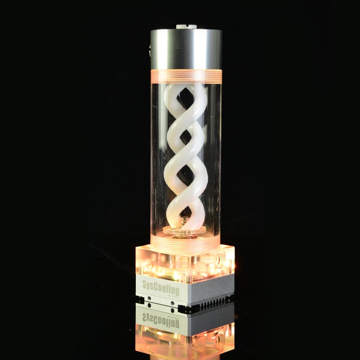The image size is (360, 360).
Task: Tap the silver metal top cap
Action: (x=186, y=49)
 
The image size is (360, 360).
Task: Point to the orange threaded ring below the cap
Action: (x=186, y=75)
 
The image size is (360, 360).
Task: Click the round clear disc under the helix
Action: (x=184, y=230)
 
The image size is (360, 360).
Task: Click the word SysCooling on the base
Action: (x=160, y=286)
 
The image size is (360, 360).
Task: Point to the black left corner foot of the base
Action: (x=140, y=298)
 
